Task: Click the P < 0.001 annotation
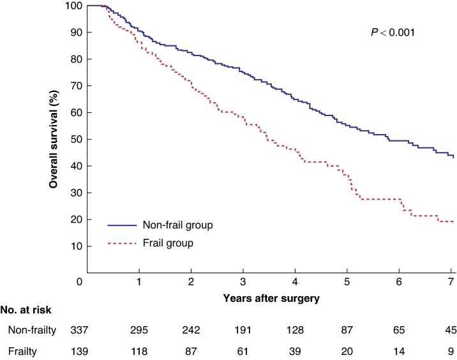click(393, 32)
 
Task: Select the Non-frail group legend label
click(178, 225)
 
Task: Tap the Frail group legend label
click(168, 243)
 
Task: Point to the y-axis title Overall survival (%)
click(54, 139)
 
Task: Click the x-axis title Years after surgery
click(271, 298)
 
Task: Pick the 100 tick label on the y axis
click(74, 5)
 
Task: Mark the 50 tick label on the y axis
click(77, 139)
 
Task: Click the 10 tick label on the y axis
click(77, 246)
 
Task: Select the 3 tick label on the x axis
click(243, 281)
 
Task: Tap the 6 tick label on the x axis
click(399, 281)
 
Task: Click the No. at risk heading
click(26, 310)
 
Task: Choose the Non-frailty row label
click(32, 330)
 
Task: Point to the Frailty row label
click(22, 351)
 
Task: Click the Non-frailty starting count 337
click(79, 330)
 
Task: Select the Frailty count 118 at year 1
click(139, 351)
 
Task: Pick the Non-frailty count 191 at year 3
click(243, 330)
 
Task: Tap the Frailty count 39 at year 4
click(295, 351)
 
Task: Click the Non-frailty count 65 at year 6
click(399, 330)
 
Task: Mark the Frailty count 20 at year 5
click(347, 351)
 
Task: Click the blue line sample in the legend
click(122, 225)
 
